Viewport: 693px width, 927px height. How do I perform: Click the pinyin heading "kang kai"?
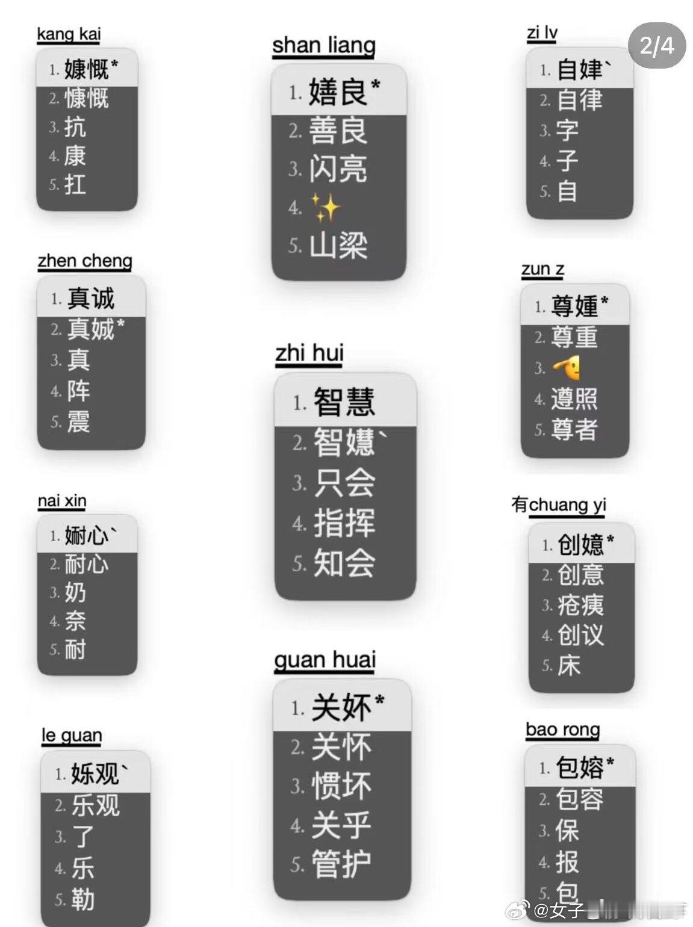pyautogui.click(x=69, y=34)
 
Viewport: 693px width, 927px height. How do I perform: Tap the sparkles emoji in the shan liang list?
pyautogui.click(x=326, y=208)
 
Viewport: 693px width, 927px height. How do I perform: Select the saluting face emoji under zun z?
pyautogui.click(x=567, y=368)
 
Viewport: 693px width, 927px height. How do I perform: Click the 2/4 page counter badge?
pyautogui.click(x=656, y=46)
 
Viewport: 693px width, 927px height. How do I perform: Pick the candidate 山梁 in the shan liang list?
pyautogui.click(x=338, y=246)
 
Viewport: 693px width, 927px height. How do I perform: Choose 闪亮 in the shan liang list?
pyautogui.click(x=338, y=170)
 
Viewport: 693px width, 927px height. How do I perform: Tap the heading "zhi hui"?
pyautogui.click(x=309, y=353)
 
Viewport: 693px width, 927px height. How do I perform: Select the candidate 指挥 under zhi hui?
pyautogui.click(x=344, y=522)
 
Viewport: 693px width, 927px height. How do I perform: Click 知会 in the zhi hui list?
pyautogui.click(x=344, y=563)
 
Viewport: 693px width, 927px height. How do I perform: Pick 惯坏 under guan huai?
pyautogui.click(x=341, y=786)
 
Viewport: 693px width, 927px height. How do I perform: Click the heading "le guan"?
pyautogui.click(x=72, y=735)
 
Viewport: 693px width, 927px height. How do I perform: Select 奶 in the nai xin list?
pyautogui.click(x=75, y=593)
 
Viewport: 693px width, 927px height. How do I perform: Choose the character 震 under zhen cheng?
pyautogui.click(x=78, y=421)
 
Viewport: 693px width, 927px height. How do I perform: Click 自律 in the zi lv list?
pyautogui.click(x=579, y=100)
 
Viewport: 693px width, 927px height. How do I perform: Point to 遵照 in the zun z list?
pyautogui.click(x=574, y=398)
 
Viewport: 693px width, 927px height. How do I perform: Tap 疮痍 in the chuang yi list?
pyautogui.click(x=580, y=605)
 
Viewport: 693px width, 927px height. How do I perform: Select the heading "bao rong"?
pyautogui.click(x=562, y=730)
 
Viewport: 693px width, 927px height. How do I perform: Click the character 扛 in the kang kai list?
pyautogui.click(x=75, y=184)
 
